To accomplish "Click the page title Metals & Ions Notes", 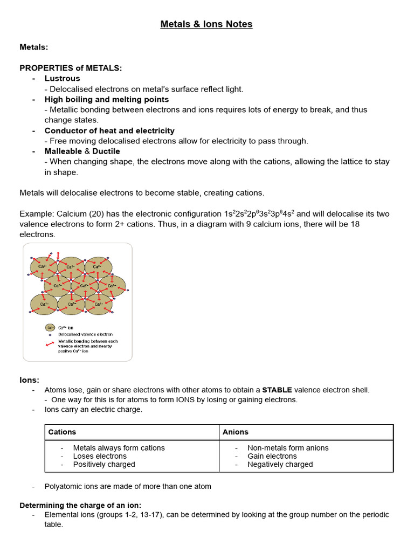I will click(206, 24).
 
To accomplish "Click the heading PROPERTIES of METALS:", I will click(71, 68).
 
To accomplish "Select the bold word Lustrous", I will click(62, 79).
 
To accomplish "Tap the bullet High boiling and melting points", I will click(106, 99).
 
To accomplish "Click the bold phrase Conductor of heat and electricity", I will click(109, 130).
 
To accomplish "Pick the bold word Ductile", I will click(106, 151).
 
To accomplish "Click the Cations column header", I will click(62, 432).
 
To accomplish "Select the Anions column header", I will click(236, 432).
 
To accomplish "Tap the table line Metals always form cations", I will click(119, 448).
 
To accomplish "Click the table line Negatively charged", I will click(280, 464).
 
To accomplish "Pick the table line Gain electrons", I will click(272, 456).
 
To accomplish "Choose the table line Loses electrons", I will click(100, 456).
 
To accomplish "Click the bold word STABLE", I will click(277, 390).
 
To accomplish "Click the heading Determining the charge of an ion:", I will click(80, 505).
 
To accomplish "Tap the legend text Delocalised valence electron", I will click(89, 334).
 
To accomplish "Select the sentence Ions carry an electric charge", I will click(93, 409).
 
